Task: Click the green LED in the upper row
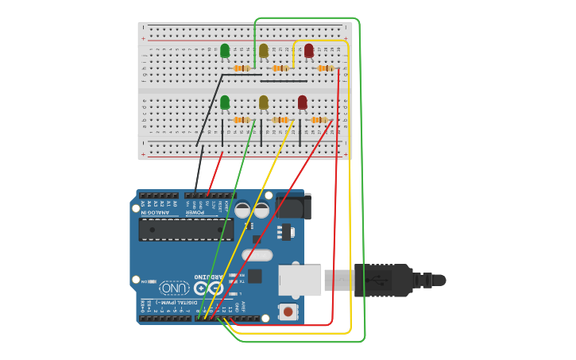[225, 50]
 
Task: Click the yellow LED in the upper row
[264, 50]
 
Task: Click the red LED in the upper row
[308, 50]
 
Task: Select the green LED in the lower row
[225, 102]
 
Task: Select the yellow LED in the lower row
[264, 102]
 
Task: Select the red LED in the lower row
[302, 102]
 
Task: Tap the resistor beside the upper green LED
[242, 68]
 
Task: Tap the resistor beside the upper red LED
[325, 68]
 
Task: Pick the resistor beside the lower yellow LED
[280, 120]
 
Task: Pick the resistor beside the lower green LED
[242, 120]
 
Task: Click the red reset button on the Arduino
[288, 312]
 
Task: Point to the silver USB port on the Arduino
[300, 281]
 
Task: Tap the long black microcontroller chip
[186, 230]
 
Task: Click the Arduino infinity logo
[209, 288]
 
